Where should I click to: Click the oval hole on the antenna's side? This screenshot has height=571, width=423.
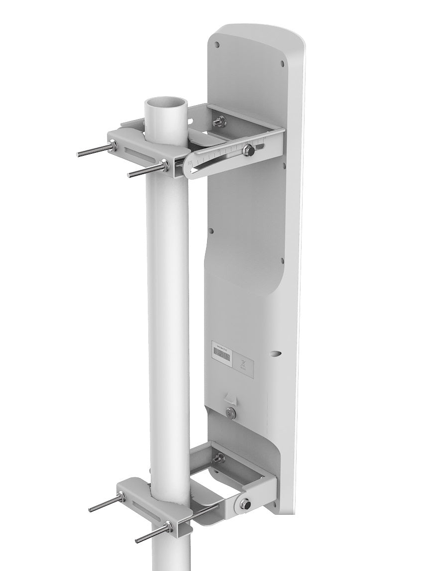pyautogui.click(x=275, y=353)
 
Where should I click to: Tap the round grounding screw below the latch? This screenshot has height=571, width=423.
pyautogui.click(x=229, y=412)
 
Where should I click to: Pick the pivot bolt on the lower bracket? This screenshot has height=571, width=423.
pyautogui.click(x=245, y=504)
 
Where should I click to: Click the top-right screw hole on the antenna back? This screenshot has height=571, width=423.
pyautogui.click(x=282, y=63)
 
